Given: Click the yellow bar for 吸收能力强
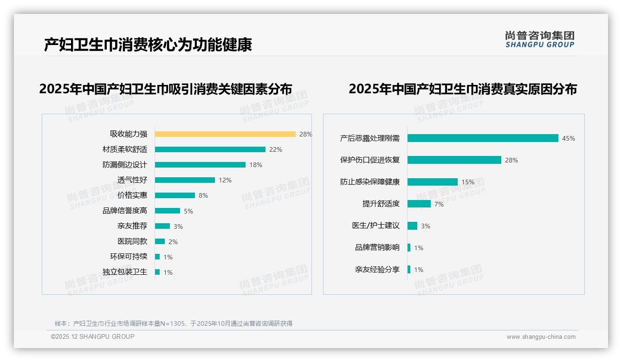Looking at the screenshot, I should pyautogui.click(x=225, y=134).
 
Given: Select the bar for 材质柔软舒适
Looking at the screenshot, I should pyautogui.click(x=210, y=149).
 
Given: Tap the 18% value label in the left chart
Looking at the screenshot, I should pyautogui.click(x=256, y=165).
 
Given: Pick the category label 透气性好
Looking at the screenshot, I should pyautogui.click(x=132, y=180).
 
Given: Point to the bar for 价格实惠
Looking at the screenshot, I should pyautogui.click(x=175, y=195).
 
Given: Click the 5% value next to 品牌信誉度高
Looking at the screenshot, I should pyautogui.click(x=188, y=211).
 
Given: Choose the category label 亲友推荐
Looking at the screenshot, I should pyautogui.click(x=132, y=226).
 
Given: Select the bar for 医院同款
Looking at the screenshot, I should pyautogui.click(x=160, y=241).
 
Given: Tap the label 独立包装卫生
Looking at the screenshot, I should pyautogui.click(x=124, y=272).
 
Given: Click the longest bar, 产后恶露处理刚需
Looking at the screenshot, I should pyautogui.click(x=483, y=138).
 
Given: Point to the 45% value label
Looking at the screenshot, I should pyautogui.click(x=568, y=138).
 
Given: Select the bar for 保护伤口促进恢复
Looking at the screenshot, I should pyautogui.click(x=454, y=160).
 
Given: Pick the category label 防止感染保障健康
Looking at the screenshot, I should pyautogui.click(x=369, y=182).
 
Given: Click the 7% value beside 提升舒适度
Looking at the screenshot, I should pyautogui.click(x=439, y=204).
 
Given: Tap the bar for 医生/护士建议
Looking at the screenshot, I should pyautogui.click(x=412, y=226).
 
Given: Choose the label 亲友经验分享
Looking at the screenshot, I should pyautogui.click(x=377, y=270).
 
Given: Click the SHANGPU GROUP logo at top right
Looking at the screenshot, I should pyautogui.click(x=539, y=39).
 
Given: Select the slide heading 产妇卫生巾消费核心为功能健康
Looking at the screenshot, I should pyautogui.click(x=148, y=45).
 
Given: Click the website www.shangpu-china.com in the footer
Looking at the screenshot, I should pyautogui.click(x=541, y=337).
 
